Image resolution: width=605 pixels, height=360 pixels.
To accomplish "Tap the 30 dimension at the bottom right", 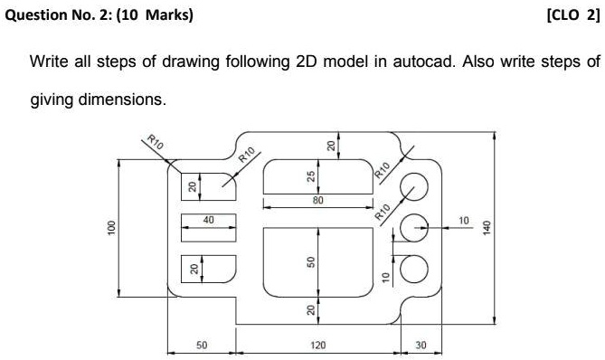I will coord(421,345).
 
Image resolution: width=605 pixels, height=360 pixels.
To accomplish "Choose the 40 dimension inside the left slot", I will coord(208,220).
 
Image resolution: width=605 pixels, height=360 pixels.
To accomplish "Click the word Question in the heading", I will coord(35,15).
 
